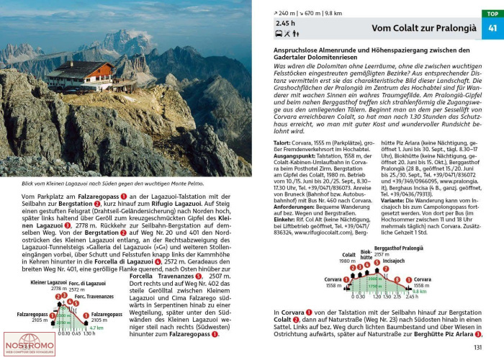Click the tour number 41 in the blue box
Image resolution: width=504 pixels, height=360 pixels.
492,28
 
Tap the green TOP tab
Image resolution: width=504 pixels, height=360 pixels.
492,14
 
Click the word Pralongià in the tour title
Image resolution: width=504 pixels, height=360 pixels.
454,28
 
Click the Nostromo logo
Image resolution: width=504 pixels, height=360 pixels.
29,345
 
